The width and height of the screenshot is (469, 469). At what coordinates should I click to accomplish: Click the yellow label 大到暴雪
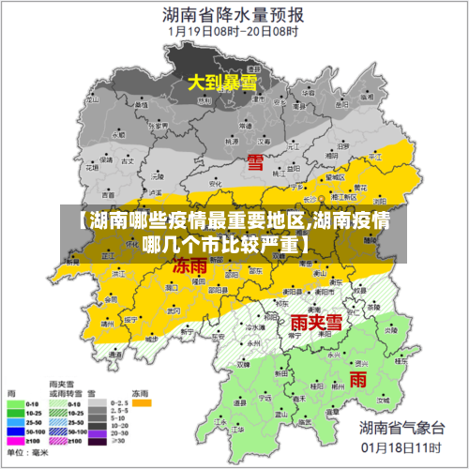coord(221,83)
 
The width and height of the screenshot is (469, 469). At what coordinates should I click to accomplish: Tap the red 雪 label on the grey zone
coord(255,162)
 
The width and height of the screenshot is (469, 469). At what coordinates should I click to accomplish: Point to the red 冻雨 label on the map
coord(190,265)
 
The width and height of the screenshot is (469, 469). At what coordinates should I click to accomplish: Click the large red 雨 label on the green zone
coord(357,379)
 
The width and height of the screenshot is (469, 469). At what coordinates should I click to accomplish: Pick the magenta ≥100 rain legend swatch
coord(16,441)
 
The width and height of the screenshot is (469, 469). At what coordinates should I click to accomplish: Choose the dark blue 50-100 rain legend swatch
coord(16,431)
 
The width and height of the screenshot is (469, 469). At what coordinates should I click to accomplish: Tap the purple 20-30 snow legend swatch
coord(98,441)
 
